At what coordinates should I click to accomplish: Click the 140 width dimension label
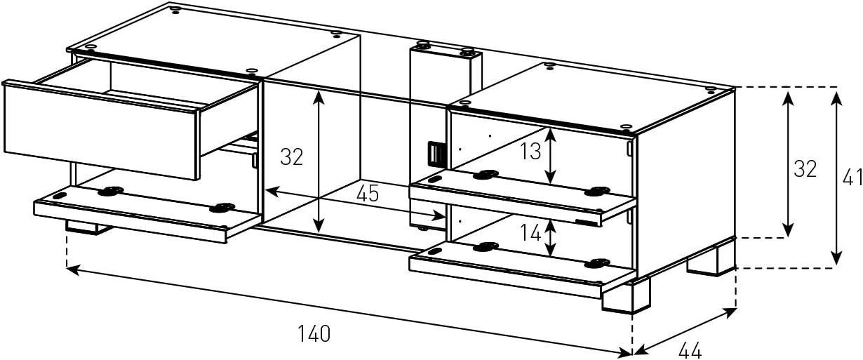pyautogui.click(x=314, y=334)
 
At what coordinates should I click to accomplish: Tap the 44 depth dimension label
pyautogui.click(x=690, y=350)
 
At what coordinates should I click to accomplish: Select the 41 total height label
pyautogui.click(x=852, y=178)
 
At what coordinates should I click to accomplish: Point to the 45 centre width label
pyautogui.click(x=367, y=193)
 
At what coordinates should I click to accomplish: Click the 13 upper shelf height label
pyautogui.click(x=531, y=151)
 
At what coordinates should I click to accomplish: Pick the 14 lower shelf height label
pyautogui.click(x=531, y=232)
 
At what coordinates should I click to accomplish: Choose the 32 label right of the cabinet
pyautogui.click(x=805, y=169)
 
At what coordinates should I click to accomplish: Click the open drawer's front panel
pyautogui.click(x=101, y=131)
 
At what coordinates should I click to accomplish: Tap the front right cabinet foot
pyautogui.click(x=625, y=296)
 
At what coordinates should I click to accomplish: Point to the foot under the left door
pyautogui.click(x=88, y=228)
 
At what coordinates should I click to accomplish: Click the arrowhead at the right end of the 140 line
pyautogui.click(x=625, y=352)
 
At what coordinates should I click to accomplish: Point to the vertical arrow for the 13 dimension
pyautogui.click(x=551, y=155)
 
